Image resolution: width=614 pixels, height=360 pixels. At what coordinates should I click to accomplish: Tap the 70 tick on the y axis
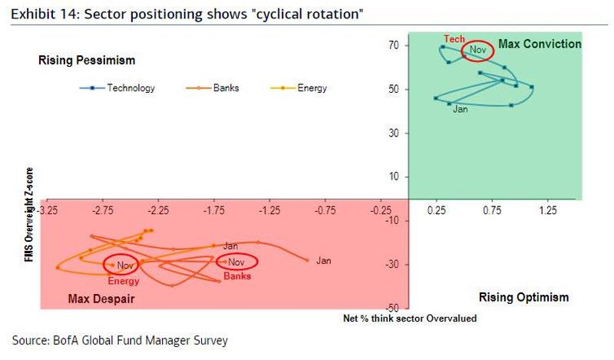[x=393, y=45]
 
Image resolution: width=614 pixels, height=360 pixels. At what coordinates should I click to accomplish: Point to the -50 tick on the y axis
[x=391, y=308]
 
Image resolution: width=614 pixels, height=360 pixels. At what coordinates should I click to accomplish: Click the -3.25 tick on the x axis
[x=48, y=208]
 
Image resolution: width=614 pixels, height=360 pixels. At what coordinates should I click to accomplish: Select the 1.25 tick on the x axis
[x=547, y=208]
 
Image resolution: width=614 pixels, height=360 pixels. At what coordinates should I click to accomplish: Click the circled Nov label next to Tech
[x=478, y=50]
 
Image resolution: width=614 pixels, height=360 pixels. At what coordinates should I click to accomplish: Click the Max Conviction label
[x=540, y=45]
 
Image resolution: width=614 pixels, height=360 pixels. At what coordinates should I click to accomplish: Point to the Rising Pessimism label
[x=87, y=60]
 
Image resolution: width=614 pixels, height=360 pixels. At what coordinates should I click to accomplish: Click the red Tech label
[x=454, y=38]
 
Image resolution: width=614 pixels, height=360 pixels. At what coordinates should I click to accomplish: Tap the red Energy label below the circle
[x=123, y=281]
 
